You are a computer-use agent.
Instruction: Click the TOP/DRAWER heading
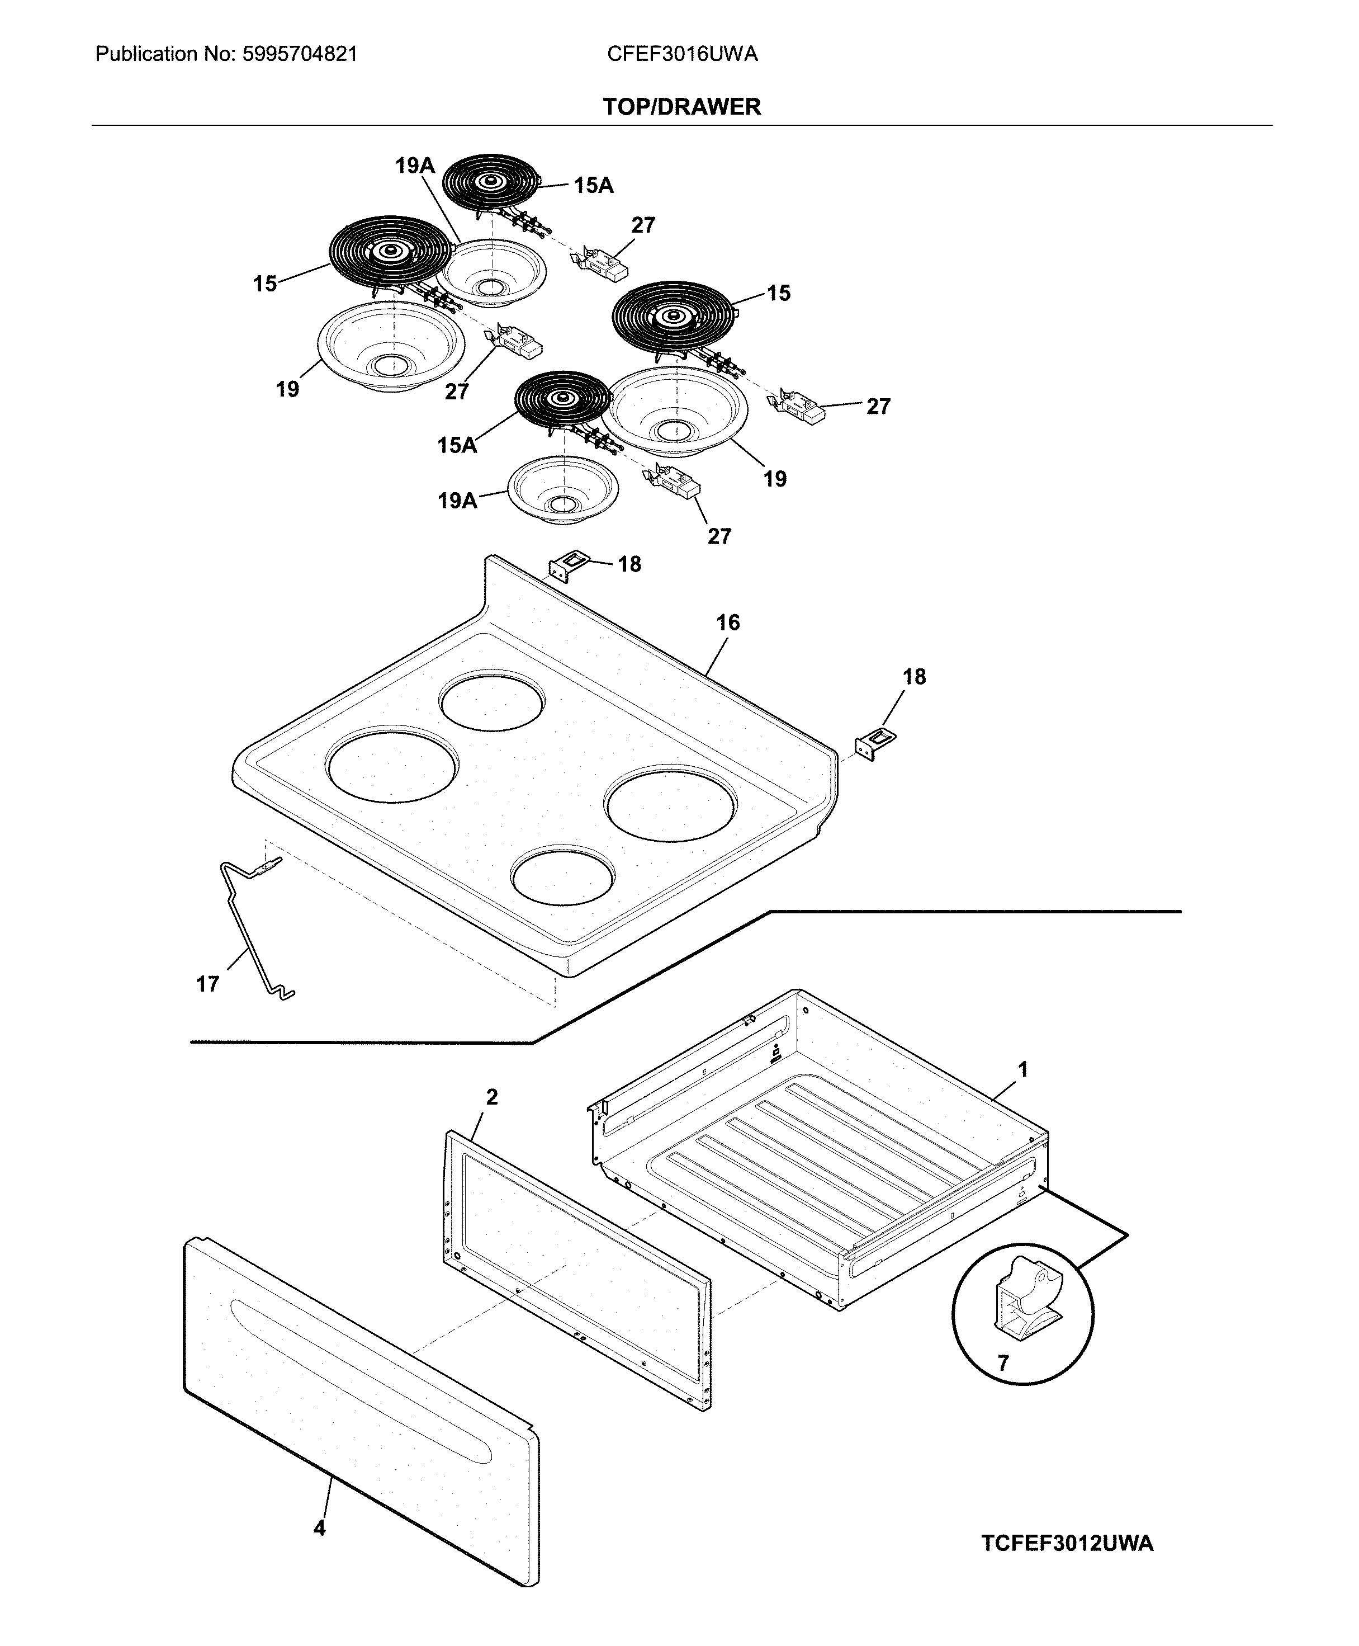pos(681,106)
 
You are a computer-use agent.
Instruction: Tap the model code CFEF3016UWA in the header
pos(682,54)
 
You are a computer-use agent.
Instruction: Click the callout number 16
pos(727,622)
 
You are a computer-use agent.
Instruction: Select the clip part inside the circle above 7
pos(1025,1302)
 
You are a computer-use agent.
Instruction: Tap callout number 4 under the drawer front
pos(319,1527)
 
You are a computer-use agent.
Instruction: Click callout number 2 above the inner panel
pos(491,1097)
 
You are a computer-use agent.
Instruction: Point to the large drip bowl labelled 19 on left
pos(391,346)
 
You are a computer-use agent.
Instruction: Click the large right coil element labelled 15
pos(673,317)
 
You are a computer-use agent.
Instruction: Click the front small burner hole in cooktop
pos(562,875)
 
